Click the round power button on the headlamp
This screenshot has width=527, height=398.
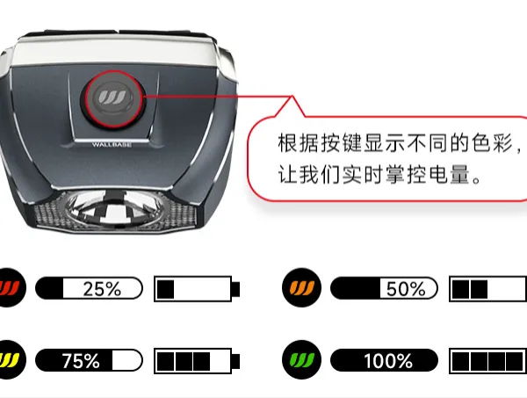point(113,98)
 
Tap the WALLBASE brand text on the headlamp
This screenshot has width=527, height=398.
point(112,145)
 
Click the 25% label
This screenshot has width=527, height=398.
point(102,288)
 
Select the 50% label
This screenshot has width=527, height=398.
point(406,288)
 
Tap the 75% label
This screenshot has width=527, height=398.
point(81,361)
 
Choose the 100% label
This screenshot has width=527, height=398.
point(388,361)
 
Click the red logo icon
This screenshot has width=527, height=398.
point(10,287)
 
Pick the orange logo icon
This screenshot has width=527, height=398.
point(301,287)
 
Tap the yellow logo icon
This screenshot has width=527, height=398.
point(10,359)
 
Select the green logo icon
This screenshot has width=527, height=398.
point(301,359)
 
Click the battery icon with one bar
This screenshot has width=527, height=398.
point(197,289)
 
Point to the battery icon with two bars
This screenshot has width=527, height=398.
point(488,289)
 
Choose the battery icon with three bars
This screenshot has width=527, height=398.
point(197,361)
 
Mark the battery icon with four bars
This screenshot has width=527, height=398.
point(488,361)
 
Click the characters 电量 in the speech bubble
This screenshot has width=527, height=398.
point(449,175)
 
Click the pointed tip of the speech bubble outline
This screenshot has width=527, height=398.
point(292,96)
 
